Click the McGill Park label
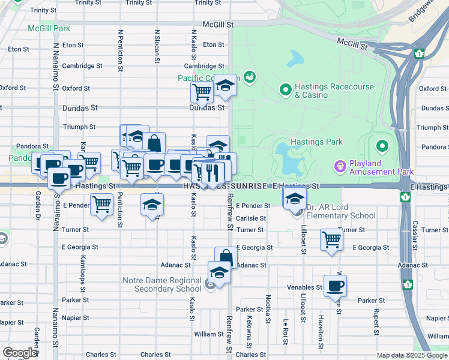coord(49,28)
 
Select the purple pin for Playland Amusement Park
coord(341,164)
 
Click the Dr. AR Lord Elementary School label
coord(341,211)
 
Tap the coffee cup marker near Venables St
coord(335,286)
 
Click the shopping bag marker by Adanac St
coord(226,259)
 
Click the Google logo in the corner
coord(20,353)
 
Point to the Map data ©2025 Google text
coord(411,355)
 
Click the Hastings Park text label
coord(316,142)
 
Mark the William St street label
coord(208,334)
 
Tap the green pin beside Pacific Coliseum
coord(249,77)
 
